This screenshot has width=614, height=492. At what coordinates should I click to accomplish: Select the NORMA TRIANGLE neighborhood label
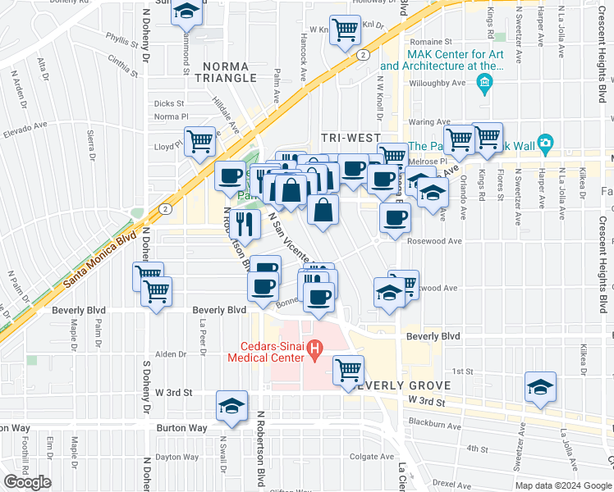click(226, 71)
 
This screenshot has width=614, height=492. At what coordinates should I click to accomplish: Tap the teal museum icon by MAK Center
click(484, 82)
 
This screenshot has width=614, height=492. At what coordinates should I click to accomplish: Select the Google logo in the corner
click(28, 481)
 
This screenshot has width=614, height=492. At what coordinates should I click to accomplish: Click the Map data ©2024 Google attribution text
click(562, 485)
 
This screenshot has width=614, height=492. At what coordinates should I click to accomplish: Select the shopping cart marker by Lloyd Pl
click(199, 141)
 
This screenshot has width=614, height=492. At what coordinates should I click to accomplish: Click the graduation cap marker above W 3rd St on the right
click(541, 387)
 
